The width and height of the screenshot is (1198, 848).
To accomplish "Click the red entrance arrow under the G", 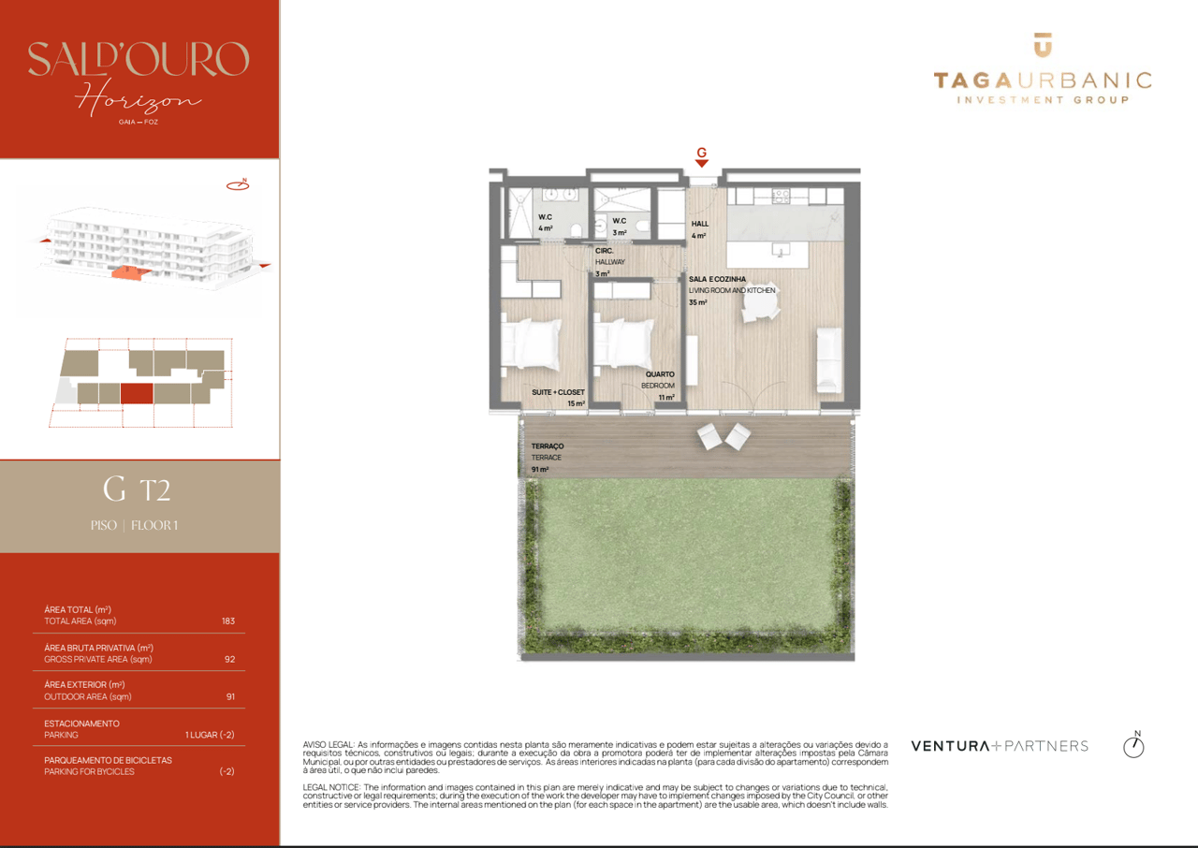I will coord(701,164).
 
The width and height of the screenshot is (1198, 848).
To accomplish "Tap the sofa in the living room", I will coord(829,360).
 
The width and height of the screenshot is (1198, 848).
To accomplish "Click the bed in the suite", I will coord(531,344).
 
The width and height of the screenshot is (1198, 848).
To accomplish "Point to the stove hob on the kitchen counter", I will coord(781,195).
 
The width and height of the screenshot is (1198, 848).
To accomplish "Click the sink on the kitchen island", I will coord(779,250).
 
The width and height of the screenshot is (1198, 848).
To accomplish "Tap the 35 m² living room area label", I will coord(698,302).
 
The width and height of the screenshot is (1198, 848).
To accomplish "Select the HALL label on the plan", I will coord(700,224).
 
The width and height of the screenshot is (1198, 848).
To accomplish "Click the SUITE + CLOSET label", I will coord(558,392).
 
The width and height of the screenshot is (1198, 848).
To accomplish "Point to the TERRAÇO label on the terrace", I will coord(548,446).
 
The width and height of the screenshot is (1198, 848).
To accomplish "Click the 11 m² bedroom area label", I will coord(666,397).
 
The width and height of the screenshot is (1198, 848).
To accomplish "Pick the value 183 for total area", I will coord(228,621).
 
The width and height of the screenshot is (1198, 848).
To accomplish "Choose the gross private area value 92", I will coord(230,659).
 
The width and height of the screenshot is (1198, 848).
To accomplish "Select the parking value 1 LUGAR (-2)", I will coord(210,735).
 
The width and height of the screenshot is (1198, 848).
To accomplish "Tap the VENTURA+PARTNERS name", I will coord(1000,746).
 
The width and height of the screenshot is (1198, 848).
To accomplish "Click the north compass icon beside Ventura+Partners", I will coord(1133,745).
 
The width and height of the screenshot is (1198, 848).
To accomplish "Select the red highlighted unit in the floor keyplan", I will coord(136,393).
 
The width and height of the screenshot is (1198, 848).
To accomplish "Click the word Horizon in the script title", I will coord(138,97).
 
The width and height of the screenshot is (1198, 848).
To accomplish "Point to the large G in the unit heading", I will coord(114,489).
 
